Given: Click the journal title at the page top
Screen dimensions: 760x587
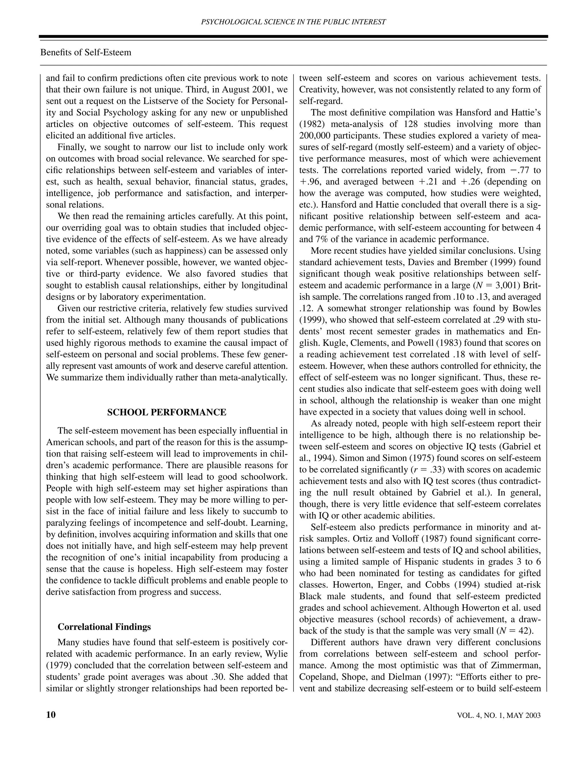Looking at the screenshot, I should (293, 22).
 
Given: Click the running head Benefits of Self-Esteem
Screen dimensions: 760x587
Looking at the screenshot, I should (86, 52).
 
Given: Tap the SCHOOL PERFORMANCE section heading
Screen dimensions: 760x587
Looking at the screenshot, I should (167, 412).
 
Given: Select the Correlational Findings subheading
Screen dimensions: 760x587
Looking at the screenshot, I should (104, 627).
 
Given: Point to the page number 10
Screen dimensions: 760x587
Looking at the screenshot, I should (51, 715).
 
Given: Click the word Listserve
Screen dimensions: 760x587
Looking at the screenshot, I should (161, 101).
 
